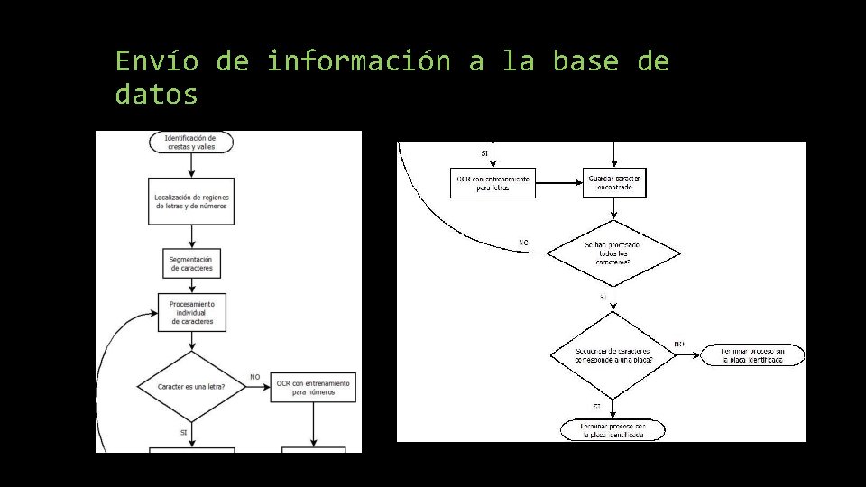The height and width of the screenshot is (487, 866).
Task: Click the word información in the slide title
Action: (x=358, y=61)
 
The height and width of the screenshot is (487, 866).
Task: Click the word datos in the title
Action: (x=156, y=94)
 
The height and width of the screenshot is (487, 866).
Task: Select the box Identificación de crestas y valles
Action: (x=191, y=142)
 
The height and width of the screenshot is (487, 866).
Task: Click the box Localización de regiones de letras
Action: (x=190, y=201)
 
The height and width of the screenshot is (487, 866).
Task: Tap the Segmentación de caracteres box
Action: (x=190, y=263)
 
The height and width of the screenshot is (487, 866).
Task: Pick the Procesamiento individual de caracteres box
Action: (x=190, y=312)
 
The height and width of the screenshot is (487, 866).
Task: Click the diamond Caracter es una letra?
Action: (x=191, y=386)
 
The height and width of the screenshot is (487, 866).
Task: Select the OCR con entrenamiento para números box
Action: (x=313, y=387)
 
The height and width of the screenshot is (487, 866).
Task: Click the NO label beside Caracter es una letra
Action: (x=254, y=376)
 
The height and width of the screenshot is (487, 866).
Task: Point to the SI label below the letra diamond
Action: (x=183, y=432)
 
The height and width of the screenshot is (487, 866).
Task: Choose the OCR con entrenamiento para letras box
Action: (x=493, y=183)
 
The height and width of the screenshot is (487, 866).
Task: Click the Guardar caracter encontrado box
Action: (x=614, y=183)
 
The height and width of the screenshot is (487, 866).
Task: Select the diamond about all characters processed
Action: (x=614, y=253)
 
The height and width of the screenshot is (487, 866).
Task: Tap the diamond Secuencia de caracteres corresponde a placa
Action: (x=613, y=354)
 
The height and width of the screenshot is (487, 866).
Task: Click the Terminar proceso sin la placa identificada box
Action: (x=752, y=354)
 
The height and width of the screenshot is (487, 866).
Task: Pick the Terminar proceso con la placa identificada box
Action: (x=613, y=430)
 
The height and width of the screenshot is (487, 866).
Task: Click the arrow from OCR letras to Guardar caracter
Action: (x=558, y=183)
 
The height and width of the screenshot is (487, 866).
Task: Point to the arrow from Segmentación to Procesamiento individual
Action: (x=191, y=285)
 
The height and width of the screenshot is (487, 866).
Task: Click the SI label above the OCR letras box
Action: (x=484, y=153)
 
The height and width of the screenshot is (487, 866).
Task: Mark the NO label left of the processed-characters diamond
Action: (x=524, y=242)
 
